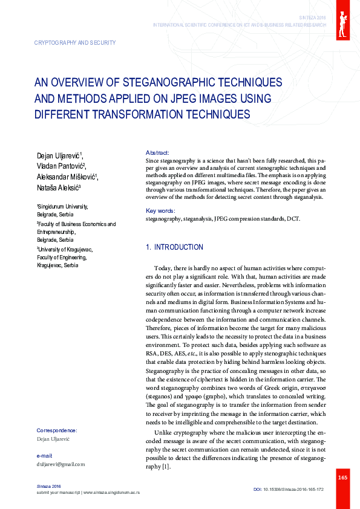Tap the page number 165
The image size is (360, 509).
342,478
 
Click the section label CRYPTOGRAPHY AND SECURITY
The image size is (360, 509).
76,43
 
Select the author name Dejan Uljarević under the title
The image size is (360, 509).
61,157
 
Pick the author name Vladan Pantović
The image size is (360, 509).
61,166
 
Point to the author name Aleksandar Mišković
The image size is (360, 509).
67,177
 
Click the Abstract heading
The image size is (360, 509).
158,152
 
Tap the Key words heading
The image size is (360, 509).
160,210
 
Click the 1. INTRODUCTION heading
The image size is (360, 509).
175,247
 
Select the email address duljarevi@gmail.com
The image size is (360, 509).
61,464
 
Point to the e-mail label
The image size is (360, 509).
44,455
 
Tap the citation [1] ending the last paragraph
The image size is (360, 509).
165,467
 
